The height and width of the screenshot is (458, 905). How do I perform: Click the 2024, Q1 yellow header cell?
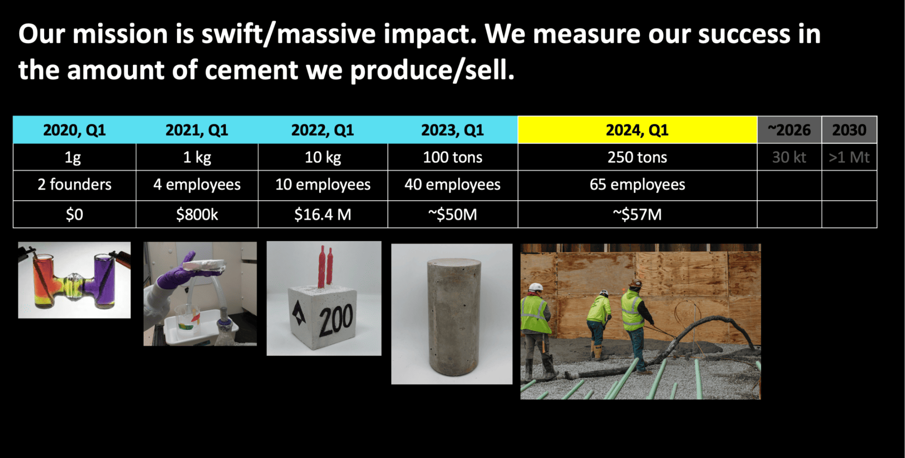click(637, 130)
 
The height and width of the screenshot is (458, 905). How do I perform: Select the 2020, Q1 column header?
click(74, 130)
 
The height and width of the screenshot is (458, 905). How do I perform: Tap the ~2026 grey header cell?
click(789, 130)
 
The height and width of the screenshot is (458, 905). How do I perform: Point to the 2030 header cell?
click(849, 130)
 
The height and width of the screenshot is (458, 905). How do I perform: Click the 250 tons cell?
click(637, 157)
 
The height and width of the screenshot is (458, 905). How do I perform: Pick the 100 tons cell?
click(452, 157)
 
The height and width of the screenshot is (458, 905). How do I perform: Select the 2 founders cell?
click(74, 185)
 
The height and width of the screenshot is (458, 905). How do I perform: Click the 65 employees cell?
click(637, 185)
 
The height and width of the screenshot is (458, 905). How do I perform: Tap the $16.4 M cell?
click(323, 215)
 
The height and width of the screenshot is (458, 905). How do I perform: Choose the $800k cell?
click(197, 215)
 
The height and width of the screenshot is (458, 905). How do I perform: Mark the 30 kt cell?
click(789, 157)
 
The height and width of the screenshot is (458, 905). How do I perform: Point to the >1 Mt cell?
click(849, 157)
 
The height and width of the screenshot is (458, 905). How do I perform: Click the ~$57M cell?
click(637, 215)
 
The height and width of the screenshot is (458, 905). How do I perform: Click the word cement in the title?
click(251, 70)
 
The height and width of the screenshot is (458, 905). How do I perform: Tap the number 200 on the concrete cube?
click(336, 319)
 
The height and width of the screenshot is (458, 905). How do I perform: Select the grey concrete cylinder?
click(453, 317)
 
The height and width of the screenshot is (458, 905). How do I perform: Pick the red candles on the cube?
click(326, 266)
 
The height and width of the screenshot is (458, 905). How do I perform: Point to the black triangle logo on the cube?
click(299, 314)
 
